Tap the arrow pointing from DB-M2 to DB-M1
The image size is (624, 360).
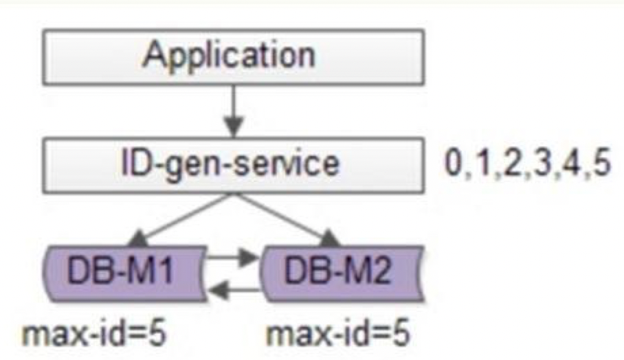233,291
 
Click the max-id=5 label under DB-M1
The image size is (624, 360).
96,336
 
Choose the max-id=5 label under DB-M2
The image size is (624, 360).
337,336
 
